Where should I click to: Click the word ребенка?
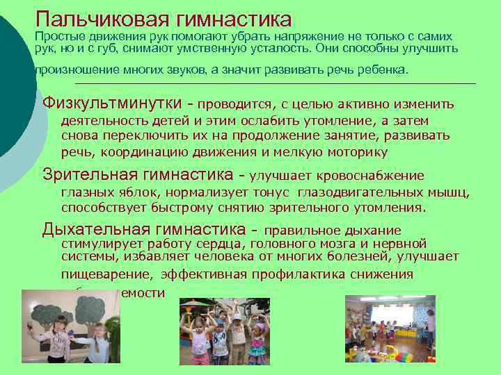coord(383,71)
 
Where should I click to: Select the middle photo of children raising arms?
coord(220,331)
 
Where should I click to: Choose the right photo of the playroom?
coord(390,328)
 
